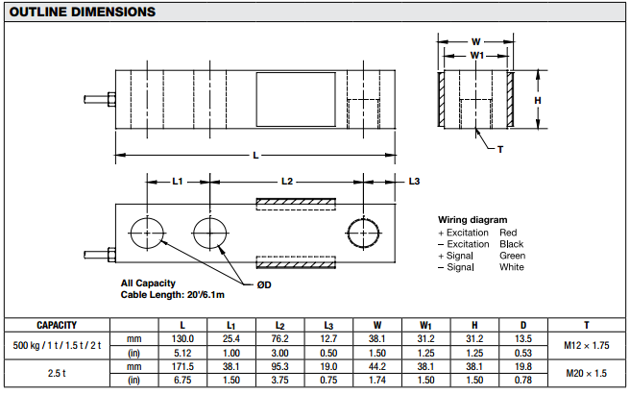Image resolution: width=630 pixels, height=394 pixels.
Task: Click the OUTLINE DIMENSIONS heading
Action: pyautogui.click(x=83, y=12)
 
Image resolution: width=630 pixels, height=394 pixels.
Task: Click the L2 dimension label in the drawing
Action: pyautogui.click(x=287, y=182)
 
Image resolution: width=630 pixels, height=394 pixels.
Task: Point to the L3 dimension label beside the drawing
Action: pyautogui.click(x=414, y=182)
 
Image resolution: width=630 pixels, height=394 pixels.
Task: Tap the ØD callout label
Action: pyautogui.click(x=264, y=284)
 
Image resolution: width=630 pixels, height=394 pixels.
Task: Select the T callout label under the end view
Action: pyautogui.click(x=500, y=150)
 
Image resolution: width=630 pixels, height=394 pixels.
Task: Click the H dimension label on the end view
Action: pyautogui.click(x=538, y=101)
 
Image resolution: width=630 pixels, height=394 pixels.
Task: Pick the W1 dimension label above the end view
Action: pyautogui.click(x=477, y=56)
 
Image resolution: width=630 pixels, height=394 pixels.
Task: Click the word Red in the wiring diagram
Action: pyautogui.click(x=508, y=233)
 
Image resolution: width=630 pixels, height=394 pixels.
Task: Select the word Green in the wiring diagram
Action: pyautogui.click(x=512, y=256)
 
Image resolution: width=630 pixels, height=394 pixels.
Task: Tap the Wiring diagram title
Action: pyautogui.click(x=472, y=219)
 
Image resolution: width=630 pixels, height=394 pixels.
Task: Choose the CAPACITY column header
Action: pyautogui.click(x=57, y=325)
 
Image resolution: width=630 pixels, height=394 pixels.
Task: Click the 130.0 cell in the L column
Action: pyautogui.click(x=182, y=338)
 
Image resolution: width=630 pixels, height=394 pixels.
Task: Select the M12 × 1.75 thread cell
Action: pyautogui.click(x=587, y=345)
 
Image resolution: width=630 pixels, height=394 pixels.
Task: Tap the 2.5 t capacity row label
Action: pyautogui.click(x=57, y=373)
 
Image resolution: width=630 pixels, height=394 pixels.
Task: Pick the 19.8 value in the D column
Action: pyautogui.click(x=523, y=366)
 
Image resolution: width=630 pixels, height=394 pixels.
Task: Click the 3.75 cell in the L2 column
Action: pyautogui.click(x=279, y=380)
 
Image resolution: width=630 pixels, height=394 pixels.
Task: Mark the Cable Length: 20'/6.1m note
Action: pyautogui.click(x=172, y=295)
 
